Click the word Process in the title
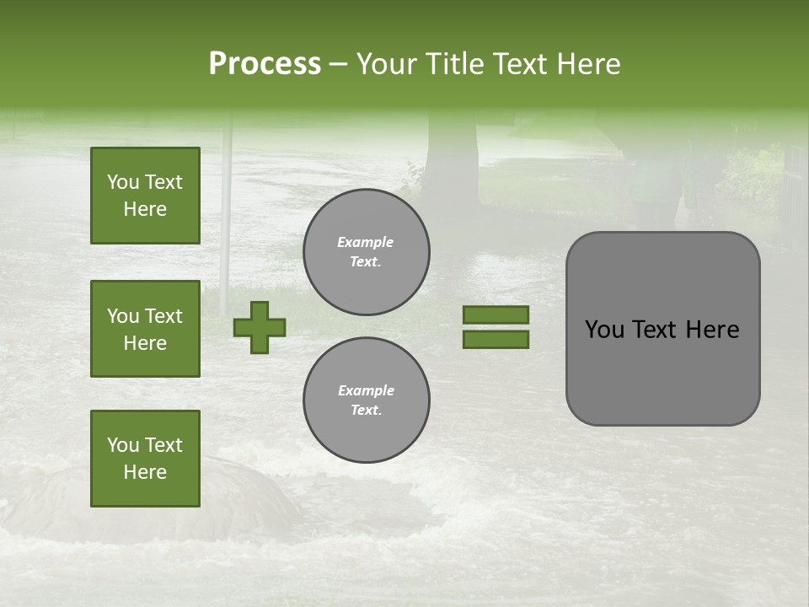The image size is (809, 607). coord(265,64)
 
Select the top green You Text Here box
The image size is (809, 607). coord(145,196)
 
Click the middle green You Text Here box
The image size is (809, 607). coord(145,329)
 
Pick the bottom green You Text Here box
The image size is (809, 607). coord(145,459)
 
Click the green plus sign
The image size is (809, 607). coord(260,327)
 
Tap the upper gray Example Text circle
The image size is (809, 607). coord(367,252)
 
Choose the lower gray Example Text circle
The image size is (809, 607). coord(367,400)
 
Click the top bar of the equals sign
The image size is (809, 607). coord(496,314)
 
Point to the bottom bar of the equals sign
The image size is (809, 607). coord(496,340)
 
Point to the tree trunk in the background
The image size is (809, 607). coord(452,160)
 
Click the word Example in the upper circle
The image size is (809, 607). coord(366,242)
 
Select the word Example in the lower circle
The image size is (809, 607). coord(366,390)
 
